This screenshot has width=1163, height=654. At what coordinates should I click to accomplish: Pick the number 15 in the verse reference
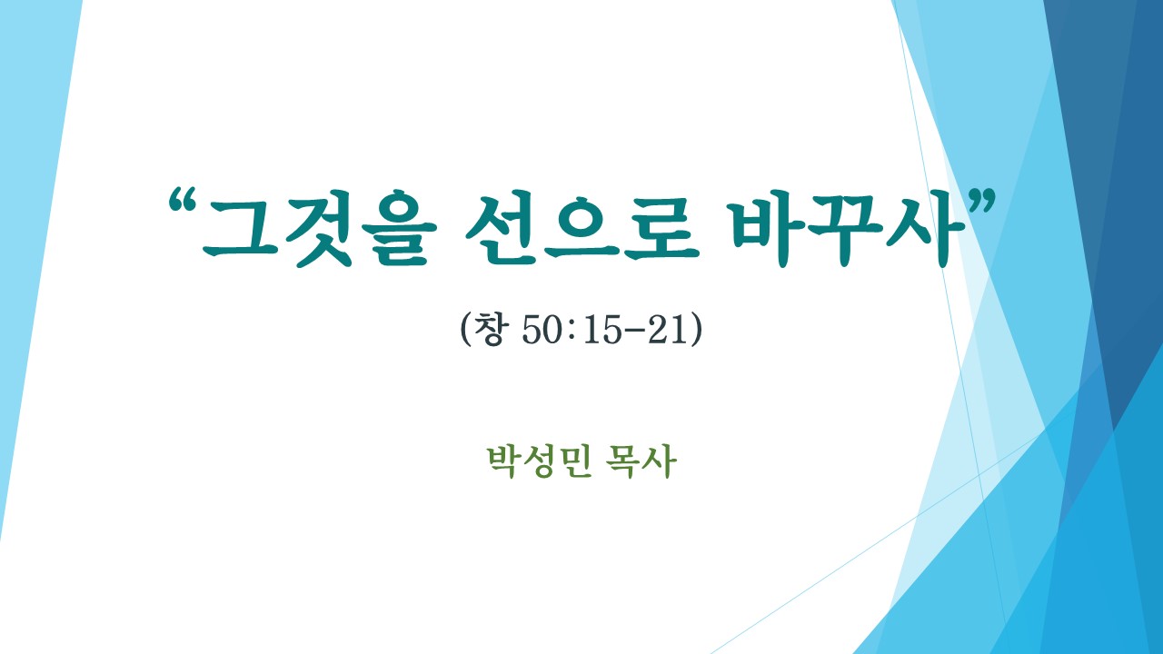(602, 330)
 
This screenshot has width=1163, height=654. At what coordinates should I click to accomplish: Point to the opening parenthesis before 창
(465, 330)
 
